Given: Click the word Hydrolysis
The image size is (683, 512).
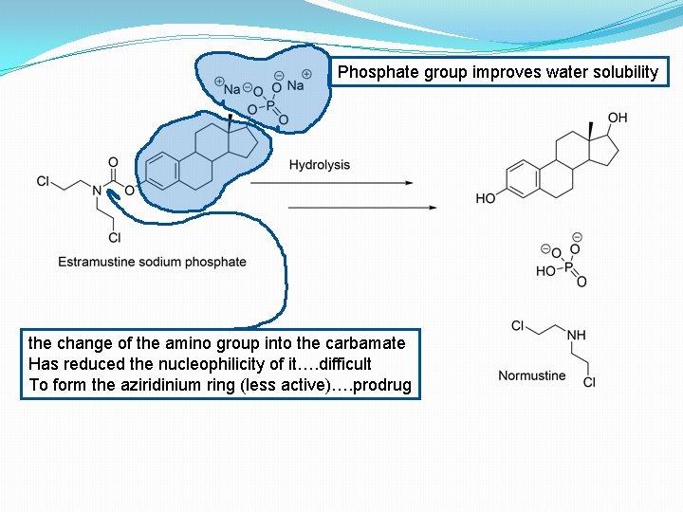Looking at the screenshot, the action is click(x=319, y=165).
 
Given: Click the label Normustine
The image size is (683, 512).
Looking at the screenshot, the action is click(x=532, y=375).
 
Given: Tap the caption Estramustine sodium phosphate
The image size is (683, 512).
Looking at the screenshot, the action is click(x=152, y=262).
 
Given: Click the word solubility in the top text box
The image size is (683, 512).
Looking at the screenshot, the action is click(x=620, y=72).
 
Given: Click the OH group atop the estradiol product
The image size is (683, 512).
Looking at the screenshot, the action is click(x=618, y=118).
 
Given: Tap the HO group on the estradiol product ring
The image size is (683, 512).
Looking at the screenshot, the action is click(x=487, y=198).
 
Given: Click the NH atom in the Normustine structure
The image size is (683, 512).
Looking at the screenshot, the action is click(x=576, y=334).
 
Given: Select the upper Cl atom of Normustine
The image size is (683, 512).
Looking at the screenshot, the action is click(x=518, y=326).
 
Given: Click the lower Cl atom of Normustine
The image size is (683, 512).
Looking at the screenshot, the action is click(x=589, y=382).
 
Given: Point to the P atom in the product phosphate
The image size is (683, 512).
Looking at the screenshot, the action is click(x=569, y=269).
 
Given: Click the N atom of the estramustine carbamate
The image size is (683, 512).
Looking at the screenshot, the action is click(x=97, y=191).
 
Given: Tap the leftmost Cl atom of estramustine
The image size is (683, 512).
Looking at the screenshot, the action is click(x=43, y=181).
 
